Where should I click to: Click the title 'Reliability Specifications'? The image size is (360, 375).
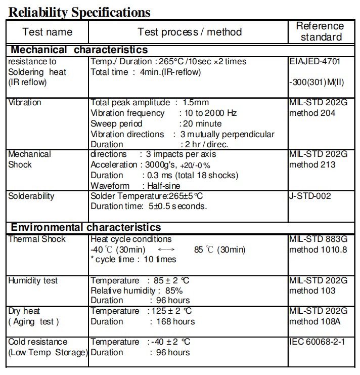tap(79, 11)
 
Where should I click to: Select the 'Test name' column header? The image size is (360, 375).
tap(48, 32)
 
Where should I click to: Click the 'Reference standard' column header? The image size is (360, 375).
tap(320, 31)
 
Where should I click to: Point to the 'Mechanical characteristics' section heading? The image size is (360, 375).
tap(79, 50)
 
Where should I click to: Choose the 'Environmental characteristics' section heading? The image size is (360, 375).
tap(86, 227)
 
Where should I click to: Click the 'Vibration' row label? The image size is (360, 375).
tap(25, 102)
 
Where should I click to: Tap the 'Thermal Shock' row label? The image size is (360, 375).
tap(37, 239)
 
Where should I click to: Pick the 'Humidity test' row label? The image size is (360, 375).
tap(33, 280)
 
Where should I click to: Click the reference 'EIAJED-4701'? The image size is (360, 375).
tap(315, 61)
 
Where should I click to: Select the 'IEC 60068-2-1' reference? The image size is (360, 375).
tap(317, 342)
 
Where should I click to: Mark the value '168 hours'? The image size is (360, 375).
tap(172, 321)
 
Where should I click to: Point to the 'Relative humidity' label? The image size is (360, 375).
tap(123, 290)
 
